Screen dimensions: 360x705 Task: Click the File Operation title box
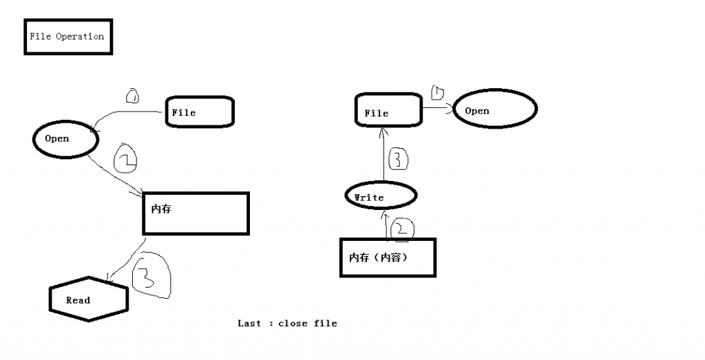pyautogui.click(x=67, y=37)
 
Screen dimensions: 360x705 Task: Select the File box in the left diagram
pyautogui.click(x=200, y=112)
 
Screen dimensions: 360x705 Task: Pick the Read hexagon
pyautogui.click(x=89, y=300)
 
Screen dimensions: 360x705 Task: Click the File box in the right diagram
pyautogui.click(x=388, y=112)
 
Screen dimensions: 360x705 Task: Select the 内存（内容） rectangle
pyautogui.click(x=388, y=257)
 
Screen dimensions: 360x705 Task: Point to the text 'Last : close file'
pyautogui.click(x=287, y=323)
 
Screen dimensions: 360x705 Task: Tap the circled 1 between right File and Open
pyautogui.click(x=438, y=92)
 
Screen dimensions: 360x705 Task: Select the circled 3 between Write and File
pyautogui.click(x=399, y=160)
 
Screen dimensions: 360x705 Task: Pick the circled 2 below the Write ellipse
pyautogui.click(x=402, y=228)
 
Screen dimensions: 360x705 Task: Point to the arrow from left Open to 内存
pyautogui.click(x=113, y=176)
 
